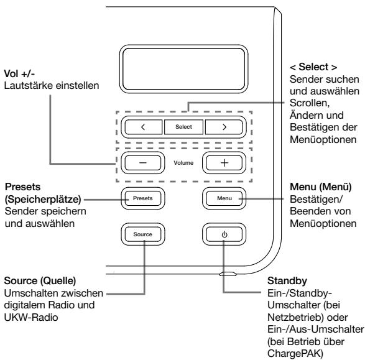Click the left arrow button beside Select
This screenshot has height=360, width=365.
144,127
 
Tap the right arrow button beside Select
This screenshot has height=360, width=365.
224,127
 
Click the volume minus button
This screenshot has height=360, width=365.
142,163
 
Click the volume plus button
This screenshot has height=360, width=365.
224,163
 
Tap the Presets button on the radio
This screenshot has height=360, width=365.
142,198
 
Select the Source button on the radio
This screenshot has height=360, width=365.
142,234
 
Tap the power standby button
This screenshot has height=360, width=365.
224,234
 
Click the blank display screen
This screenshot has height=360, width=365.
183,69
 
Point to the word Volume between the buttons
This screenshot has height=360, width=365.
183,163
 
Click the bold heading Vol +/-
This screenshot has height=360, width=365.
19,74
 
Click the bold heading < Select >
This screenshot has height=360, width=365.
313,67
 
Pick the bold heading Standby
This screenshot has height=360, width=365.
287,280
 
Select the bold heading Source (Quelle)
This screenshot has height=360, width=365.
40,280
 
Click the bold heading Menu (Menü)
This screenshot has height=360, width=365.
320,187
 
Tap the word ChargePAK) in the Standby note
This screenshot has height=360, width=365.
295,354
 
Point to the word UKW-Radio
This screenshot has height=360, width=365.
31,317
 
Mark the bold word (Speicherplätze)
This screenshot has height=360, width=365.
43,199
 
